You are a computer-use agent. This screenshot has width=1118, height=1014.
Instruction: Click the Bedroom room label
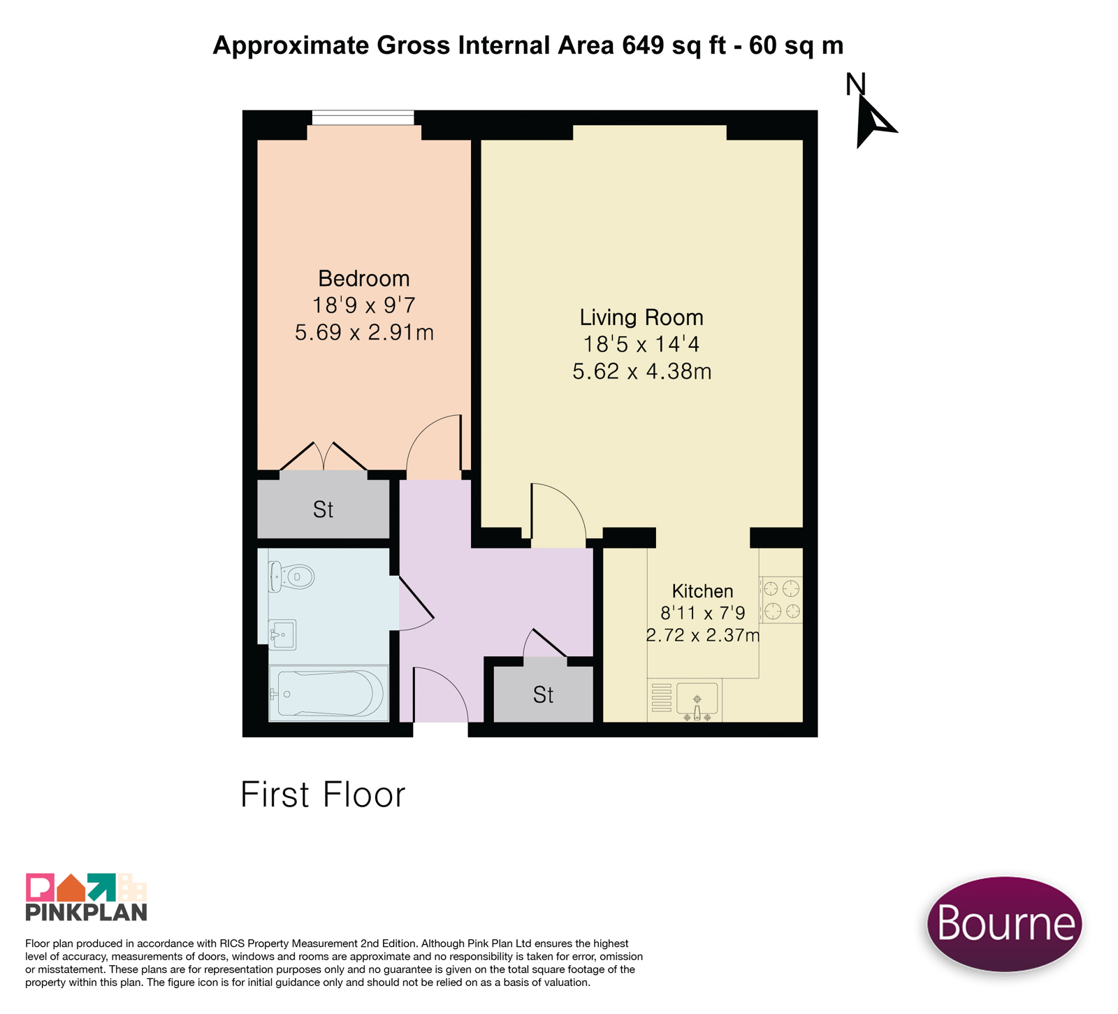pos(363,279)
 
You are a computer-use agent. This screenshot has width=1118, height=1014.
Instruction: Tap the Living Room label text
pos(641,318)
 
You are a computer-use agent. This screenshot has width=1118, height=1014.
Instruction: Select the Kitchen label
pos(702,591)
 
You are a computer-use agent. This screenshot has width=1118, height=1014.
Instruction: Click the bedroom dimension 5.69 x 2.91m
pos(364,333)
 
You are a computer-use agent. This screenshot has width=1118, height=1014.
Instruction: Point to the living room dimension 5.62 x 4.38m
pos(641,372)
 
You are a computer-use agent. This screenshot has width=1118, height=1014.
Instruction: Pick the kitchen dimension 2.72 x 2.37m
pos(702,636)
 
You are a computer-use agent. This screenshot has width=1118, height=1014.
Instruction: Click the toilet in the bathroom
pos(291,577)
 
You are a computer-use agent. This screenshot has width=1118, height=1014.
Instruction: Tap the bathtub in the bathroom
pos(328,693)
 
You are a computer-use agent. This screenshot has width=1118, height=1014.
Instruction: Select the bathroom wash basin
pos(282,635)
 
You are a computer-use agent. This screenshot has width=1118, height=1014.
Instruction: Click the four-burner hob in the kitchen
pos(781,600)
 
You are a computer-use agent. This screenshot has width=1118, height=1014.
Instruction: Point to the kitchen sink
pos(697,700)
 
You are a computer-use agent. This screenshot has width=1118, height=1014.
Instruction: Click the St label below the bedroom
pos(323,510)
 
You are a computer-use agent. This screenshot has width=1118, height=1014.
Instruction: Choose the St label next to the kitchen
pos(543,695)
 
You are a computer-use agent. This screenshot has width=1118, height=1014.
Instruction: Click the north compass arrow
pos(873,120)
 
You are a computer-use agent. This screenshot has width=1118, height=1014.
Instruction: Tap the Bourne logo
pos(1005,924)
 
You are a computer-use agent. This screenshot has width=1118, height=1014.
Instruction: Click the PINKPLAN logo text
pos(87,912)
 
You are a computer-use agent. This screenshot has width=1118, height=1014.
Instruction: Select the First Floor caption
pos(323,795)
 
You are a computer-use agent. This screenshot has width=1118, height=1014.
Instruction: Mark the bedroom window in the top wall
pos(363,117)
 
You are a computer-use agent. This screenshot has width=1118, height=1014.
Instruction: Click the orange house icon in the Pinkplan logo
pos(71,889)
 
